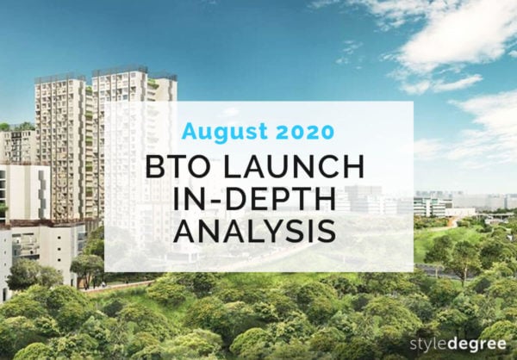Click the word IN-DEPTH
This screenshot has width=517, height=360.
pyautogui.click(x=258, y=199)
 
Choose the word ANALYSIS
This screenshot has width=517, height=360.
pyautogui.click(x=258, y=232)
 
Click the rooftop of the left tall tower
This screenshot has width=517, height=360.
pyautogui.click(x=60, y=78)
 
